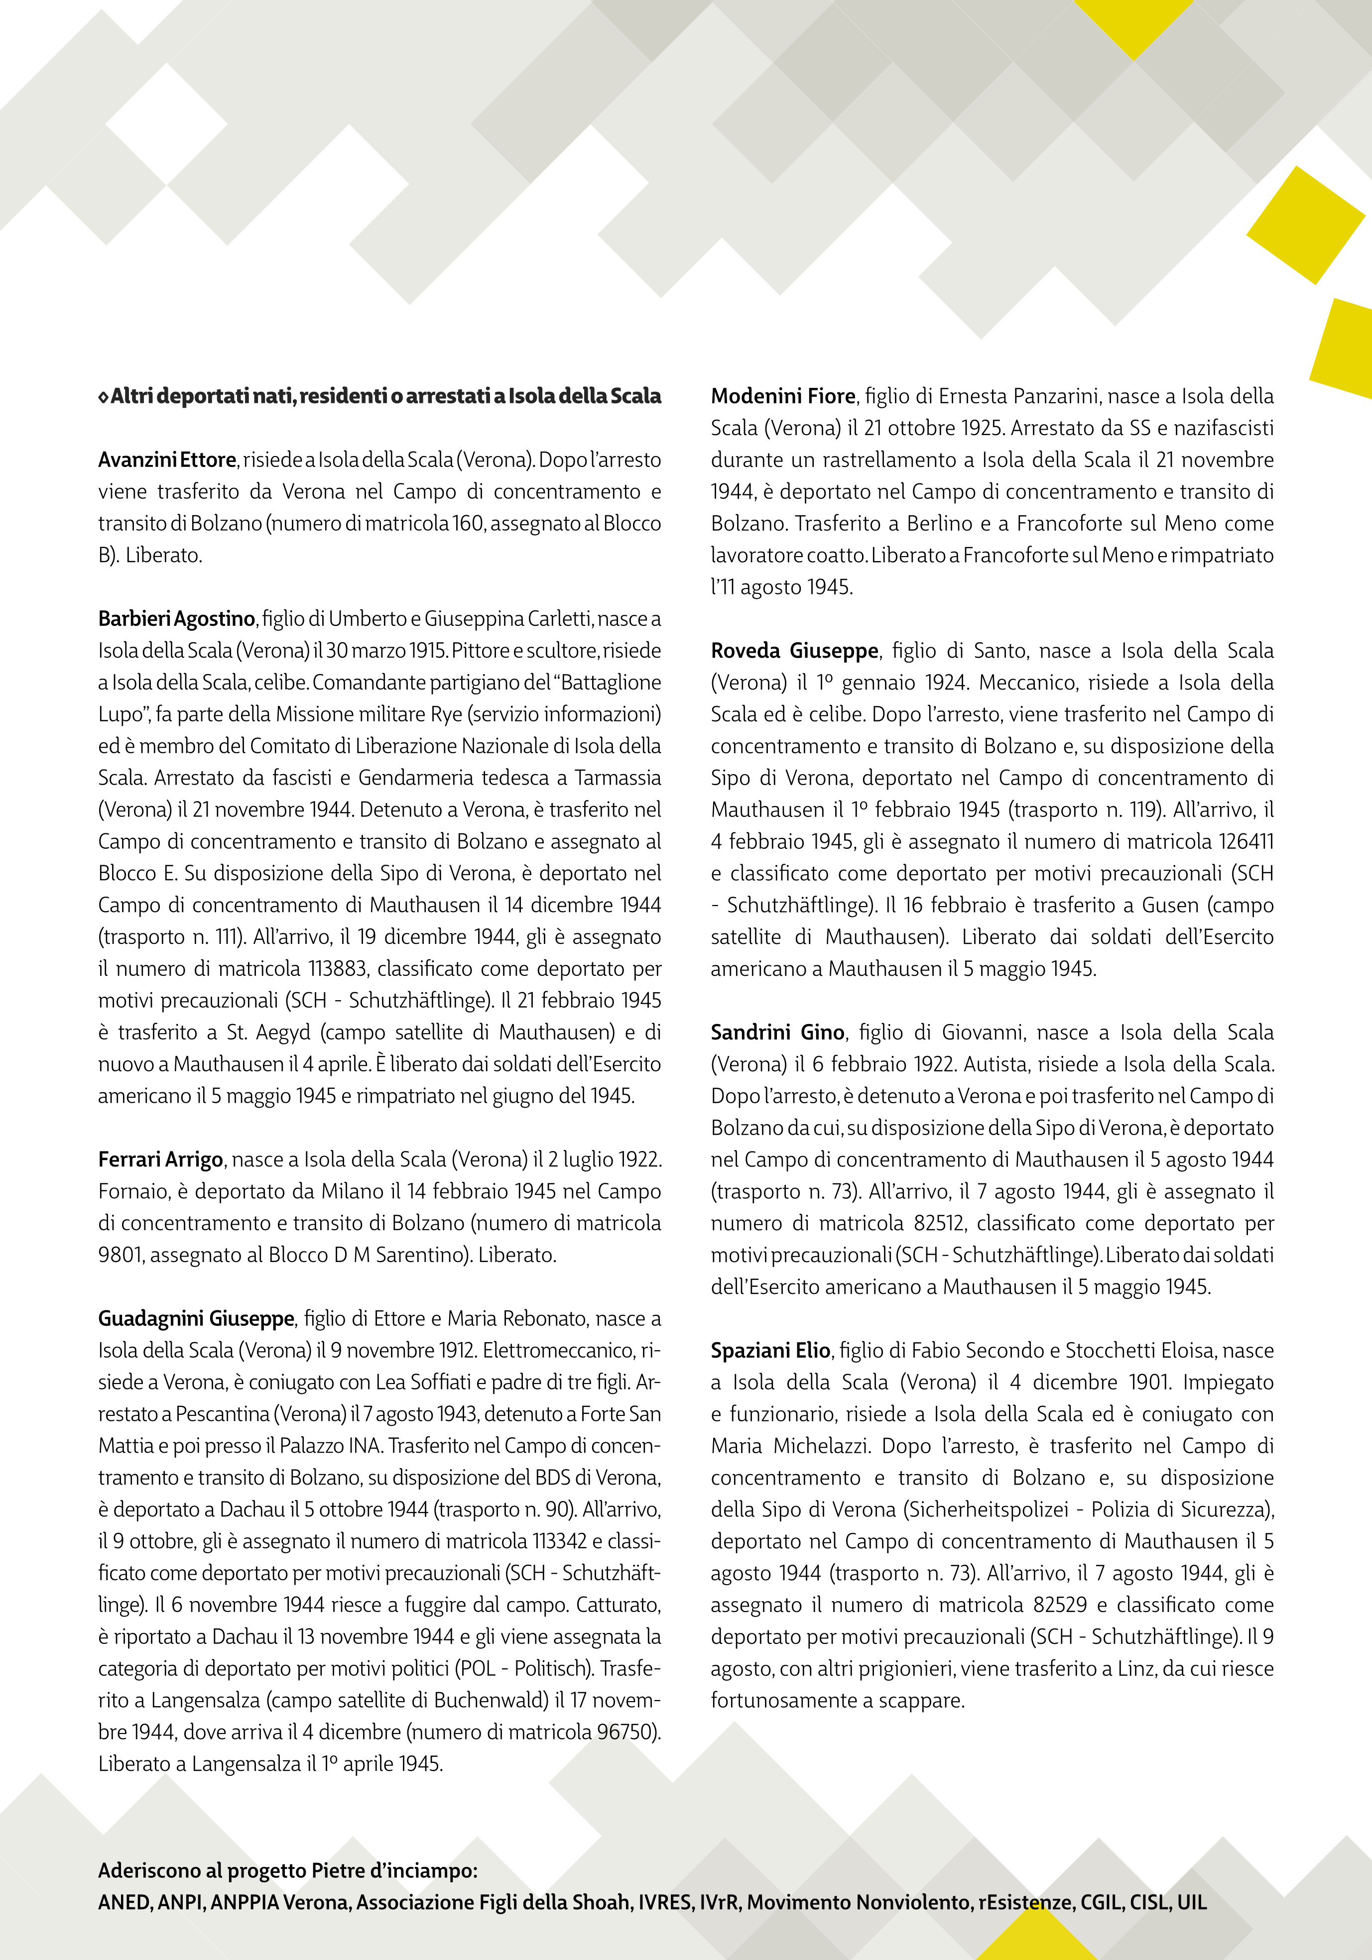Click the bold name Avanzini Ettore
(x=166, y=460)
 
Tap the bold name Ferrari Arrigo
(x=160, y=1160)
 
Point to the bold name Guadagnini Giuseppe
(x=196, y=1319)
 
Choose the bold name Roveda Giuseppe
(x=794, y=651)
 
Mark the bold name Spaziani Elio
(x=770, y=1351)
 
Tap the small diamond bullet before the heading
(x=103, y=397)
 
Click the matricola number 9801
(x=125, y=1256)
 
